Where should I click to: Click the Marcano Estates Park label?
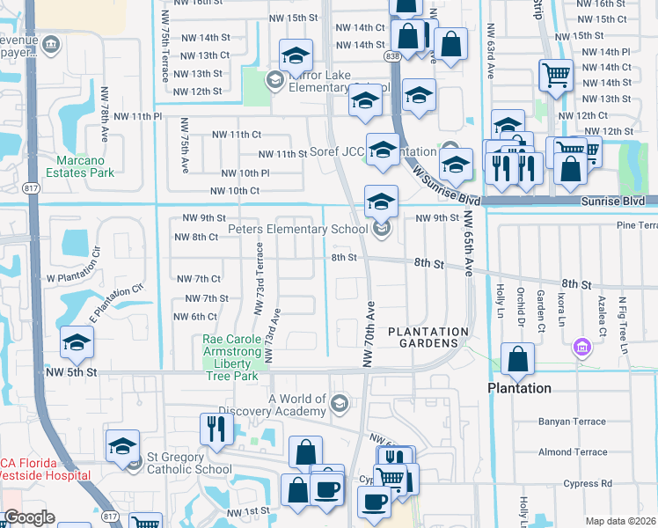pyautogui.click(x=85, y=167)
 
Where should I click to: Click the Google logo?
pyautogui.click(x=29, y=517)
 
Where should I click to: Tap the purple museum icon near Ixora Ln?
pyautogui.click(x=580, y=348)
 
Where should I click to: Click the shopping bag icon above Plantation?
pyautogui.click(x=518, y=358)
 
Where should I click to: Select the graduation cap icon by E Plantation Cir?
pyautogui.click(x=77, y=342)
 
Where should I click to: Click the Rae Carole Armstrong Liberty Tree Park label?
pyautogui.click(x=231, y=357)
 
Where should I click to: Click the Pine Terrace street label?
pyautogui.click(x=637, y=225)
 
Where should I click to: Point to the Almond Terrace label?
pyautogui.click(x=573, y=452)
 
